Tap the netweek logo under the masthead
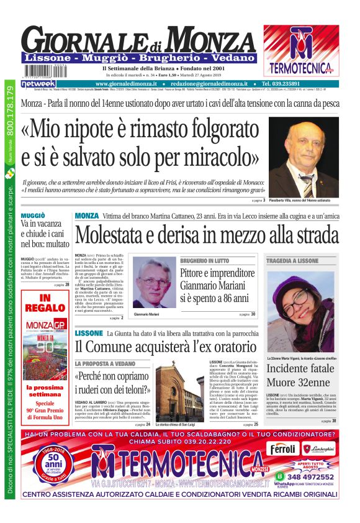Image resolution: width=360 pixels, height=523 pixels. [x=38, y=83]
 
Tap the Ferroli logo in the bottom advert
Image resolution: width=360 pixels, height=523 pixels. [x=284, y=448]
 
